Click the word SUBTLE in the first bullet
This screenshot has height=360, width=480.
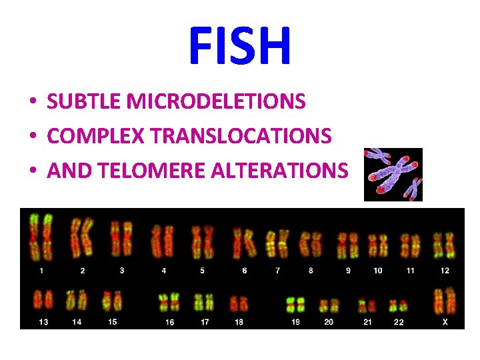tap(85, 102)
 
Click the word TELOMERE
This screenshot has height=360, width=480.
tap(151, 171)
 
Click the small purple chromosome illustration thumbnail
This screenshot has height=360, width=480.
tap(393, 175)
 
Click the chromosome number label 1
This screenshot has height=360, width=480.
tap(41, 271)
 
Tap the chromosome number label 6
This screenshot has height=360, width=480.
tap(245, 271)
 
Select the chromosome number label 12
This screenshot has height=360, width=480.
tap(445, 271)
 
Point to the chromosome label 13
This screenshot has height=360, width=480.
tap(44, 322)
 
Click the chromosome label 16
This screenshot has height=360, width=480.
tap(170, 322)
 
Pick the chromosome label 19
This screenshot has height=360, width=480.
tap(295, 322)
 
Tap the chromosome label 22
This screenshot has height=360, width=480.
tap(399, 322)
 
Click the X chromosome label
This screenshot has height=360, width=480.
tap(445, 322)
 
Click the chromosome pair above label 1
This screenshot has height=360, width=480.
tap(41, 237)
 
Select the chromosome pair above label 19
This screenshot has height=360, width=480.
tap(295, 305)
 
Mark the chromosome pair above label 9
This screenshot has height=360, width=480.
tap(347, 245)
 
